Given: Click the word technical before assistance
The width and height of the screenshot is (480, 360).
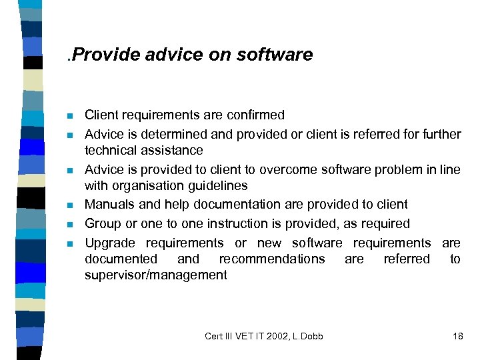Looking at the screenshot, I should [x=111, y=150].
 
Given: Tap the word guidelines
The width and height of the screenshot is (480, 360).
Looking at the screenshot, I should [x=215, y=185].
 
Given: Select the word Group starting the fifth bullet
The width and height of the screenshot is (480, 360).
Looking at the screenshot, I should [x=102, y=224].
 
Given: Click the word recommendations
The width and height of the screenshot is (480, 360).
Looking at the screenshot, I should [x=272, y=259].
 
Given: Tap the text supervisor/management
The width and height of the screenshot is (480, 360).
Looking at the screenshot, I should [x=155, y=275].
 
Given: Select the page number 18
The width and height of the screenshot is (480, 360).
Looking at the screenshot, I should [x=457, y=336].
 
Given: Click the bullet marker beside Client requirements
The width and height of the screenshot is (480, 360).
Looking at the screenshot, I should [x=70, y=116].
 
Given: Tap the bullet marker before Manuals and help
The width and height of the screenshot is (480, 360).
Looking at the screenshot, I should [x=70, y=205].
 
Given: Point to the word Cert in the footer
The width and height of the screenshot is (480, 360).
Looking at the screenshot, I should [x=215, y=336].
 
